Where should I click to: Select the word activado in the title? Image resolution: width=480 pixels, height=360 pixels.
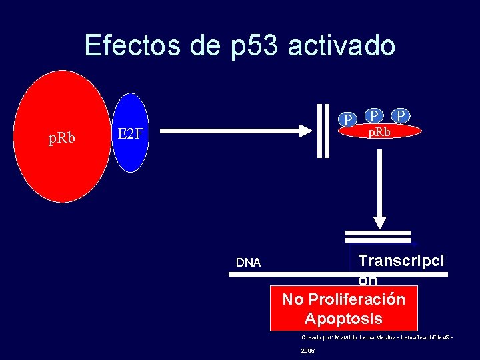click(341, 45)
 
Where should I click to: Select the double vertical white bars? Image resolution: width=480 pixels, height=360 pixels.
click(323, 131)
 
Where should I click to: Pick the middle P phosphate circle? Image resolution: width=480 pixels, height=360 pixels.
click(375, 116)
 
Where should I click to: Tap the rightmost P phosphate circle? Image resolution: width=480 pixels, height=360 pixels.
click(400, 116)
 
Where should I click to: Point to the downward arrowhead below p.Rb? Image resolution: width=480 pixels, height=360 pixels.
click(379, 222)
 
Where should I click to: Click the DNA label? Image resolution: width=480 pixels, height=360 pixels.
click(248, 263)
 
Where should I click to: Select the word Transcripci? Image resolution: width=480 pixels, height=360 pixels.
click(401, 261)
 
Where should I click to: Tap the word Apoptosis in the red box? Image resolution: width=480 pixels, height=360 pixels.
click(343, 318)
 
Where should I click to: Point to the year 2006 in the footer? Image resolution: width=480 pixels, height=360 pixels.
click(308, 351)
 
